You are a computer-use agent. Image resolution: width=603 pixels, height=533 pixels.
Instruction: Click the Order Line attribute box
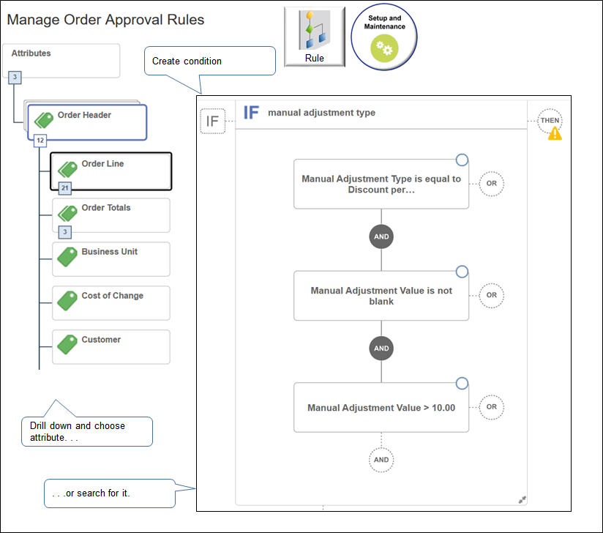pyautogui.click(x=111, y=171)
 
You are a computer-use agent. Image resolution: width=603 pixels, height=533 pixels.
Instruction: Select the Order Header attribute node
pyautogui.click(x=88, y=122)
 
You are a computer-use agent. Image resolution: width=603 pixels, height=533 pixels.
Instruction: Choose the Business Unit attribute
pyautogui.click(x=111, y=259)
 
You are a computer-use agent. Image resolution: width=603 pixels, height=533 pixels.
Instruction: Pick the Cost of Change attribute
pyautogui.click(x=111, y=303)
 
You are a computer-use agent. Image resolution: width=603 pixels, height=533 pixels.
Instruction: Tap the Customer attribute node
pyautogui.click(x=111, y=346)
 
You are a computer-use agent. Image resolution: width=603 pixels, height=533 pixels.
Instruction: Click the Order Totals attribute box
pyautogui.click(x=111, y=215)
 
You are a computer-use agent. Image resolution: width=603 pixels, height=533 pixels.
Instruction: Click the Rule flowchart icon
pyautogui.click(x=314, y=36)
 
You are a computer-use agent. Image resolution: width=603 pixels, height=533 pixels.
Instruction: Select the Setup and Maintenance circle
pyautogui.click(x=384, y=36)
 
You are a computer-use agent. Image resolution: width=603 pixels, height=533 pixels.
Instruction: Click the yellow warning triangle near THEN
pyautogui.click(x=555, y=133)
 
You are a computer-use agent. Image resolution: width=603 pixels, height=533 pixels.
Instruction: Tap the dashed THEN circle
pyautogui.click(x=550, y=121)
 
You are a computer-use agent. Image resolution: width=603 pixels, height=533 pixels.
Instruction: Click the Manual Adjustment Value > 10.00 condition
pyautogui.click(x=381, y=407)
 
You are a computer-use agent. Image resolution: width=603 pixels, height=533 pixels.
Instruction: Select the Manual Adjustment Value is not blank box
pyautogui.click(x=381, y=296)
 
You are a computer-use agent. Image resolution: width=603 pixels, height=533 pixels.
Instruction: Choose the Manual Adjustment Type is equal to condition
pyautogui.click(x=381, y=184)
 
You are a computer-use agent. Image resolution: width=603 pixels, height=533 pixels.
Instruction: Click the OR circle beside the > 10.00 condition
pyautogui.click(x=491, y=407)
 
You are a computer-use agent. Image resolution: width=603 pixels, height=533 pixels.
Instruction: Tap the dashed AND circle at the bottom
pyautogui.click(x=381, y=460)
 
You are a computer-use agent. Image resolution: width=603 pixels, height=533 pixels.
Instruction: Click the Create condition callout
pyautogui.click(x=210, y=61)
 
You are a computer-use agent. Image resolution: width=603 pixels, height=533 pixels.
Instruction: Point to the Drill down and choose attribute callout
pyautogui.click(x=86, y=431)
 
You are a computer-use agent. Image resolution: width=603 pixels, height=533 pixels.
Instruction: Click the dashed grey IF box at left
pyautogui.click(x=212, y=122)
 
